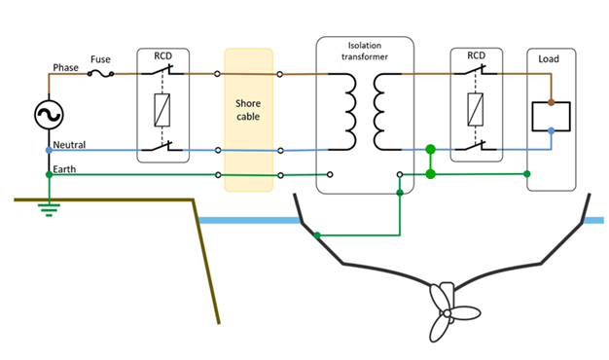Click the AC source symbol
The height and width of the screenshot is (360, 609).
pyautogui.click(x=49, y=115)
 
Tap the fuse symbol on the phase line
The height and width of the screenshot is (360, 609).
pyautogui.click(x=100, y=73)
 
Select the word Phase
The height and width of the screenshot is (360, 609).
pyautogui.click(x=65, y=67)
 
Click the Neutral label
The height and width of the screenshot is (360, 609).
pyautogui.click(x=69, y=145)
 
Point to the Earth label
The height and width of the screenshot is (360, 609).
pyautogui.click(x=64, y=169)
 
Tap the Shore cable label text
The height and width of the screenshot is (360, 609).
pyautogui.click(x=248, y=110)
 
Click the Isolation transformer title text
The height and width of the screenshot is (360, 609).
pyautogui.click(x=365, y=52)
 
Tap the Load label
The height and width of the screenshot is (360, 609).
pyautogui.click(x=549, y=59)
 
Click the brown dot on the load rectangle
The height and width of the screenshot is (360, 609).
pyautogui.click(x=552, y=102)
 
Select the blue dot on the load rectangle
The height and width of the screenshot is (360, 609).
pyautogui.click(x=552, y=131)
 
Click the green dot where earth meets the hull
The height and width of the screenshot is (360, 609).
pyautogui.click(x=317, y=235)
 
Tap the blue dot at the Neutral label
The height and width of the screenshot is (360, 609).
pyautogui.click(x=49, y=150)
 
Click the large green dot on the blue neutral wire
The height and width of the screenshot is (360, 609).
pyautogui.click(x=430, y=149)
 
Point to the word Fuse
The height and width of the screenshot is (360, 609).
pyautogui.click(x=100, y=59)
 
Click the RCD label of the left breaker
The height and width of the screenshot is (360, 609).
pyautogui.click(x=163, y=55)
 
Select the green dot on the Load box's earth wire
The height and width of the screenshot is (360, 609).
pyautogui.click(x=527, y=174)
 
